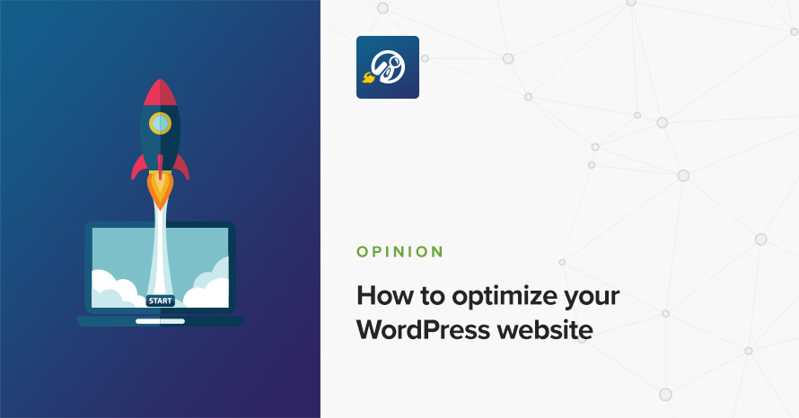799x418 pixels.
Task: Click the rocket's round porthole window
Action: (160, 123)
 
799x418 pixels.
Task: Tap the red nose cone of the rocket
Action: (160, 92)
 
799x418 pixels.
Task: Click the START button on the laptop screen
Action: (161, 300)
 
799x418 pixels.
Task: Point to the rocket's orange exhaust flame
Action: (160, 192)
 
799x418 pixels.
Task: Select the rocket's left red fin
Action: (138, 167)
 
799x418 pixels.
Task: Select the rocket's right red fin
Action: (181, 167)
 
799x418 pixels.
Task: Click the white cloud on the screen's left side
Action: (115, 291)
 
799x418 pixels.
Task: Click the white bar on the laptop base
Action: (160, 321)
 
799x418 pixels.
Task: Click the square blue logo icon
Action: (388, 67)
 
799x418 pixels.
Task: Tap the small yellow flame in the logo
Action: (367, 78)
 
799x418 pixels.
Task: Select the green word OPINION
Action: (400, 252)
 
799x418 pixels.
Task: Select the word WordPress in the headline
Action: (423, 329)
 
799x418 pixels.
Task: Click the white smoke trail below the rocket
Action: (160, 249)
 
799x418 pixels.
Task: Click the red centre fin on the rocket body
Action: (160, 167)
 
